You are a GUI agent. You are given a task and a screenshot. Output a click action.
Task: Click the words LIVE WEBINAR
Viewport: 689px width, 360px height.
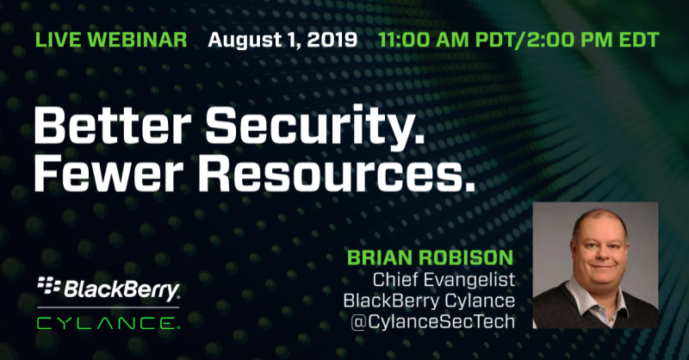tap(111, 40)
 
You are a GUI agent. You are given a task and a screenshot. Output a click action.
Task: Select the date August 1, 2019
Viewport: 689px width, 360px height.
tap(282, 40)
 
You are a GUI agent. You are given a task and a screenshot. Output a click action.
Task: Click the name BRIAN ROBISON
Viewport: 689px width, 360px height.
tap(430, 258)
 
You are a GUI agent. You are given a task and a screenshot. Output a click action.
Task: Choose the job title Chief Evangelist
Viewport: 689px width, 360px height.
tap(444, 280)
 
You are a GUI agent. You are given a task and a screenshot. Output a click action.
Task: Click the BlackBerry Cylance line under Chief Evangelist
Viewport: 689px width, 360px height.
tap(429, 301)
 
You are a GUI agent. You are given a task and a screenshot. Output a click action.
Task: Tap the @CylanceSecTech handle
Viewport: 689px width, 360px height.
tap(432, 322)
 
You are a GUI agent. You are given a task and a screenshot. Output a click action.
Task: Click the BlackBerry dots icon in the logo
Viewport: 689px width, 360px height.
tap(49, 285)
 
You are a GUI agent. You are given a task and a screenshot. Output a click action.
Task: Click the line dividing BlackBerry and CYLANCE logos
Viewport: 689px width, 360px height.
tap(109, 307)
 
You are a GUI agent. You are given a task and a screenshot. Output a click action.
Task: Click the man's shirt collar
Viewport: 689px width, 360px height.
tap(597, 300)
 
